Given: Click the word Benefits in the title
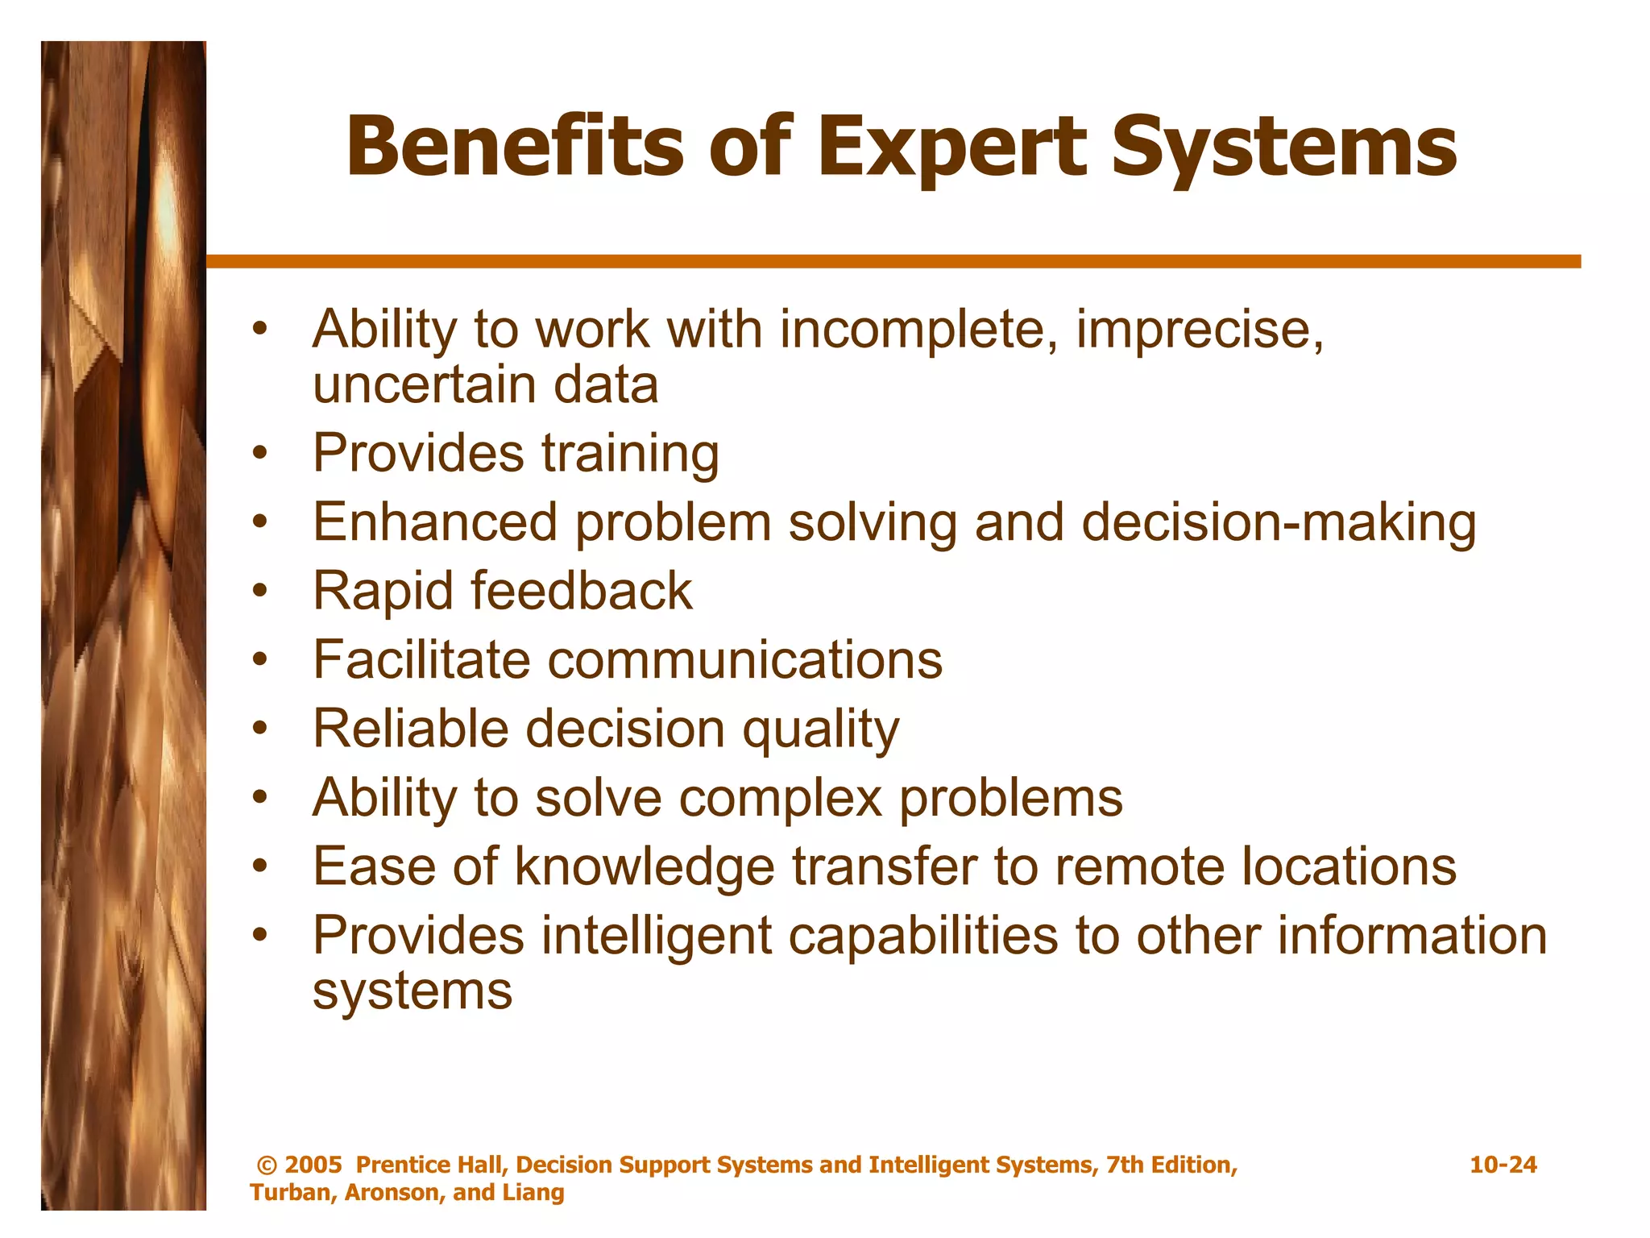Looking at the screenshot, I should click(516, 147).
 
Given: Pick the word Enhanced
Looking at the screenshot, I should click(435, 522).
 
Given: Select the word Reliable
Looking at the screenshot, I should click(410, 729).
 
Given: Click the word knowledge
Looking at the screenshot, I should click(645, 868).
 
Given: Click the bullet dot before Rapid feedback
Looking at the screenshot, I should click(259, 592).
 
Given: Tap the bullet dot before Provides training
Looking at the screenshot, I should click(259, 454).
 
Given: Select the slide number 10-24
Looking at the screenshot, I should click(1503, 1165).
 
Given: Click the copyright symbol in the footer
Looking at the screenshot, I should click(267, 1165).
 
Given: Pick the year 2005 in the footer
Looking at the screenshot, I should click(313, 1165).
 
